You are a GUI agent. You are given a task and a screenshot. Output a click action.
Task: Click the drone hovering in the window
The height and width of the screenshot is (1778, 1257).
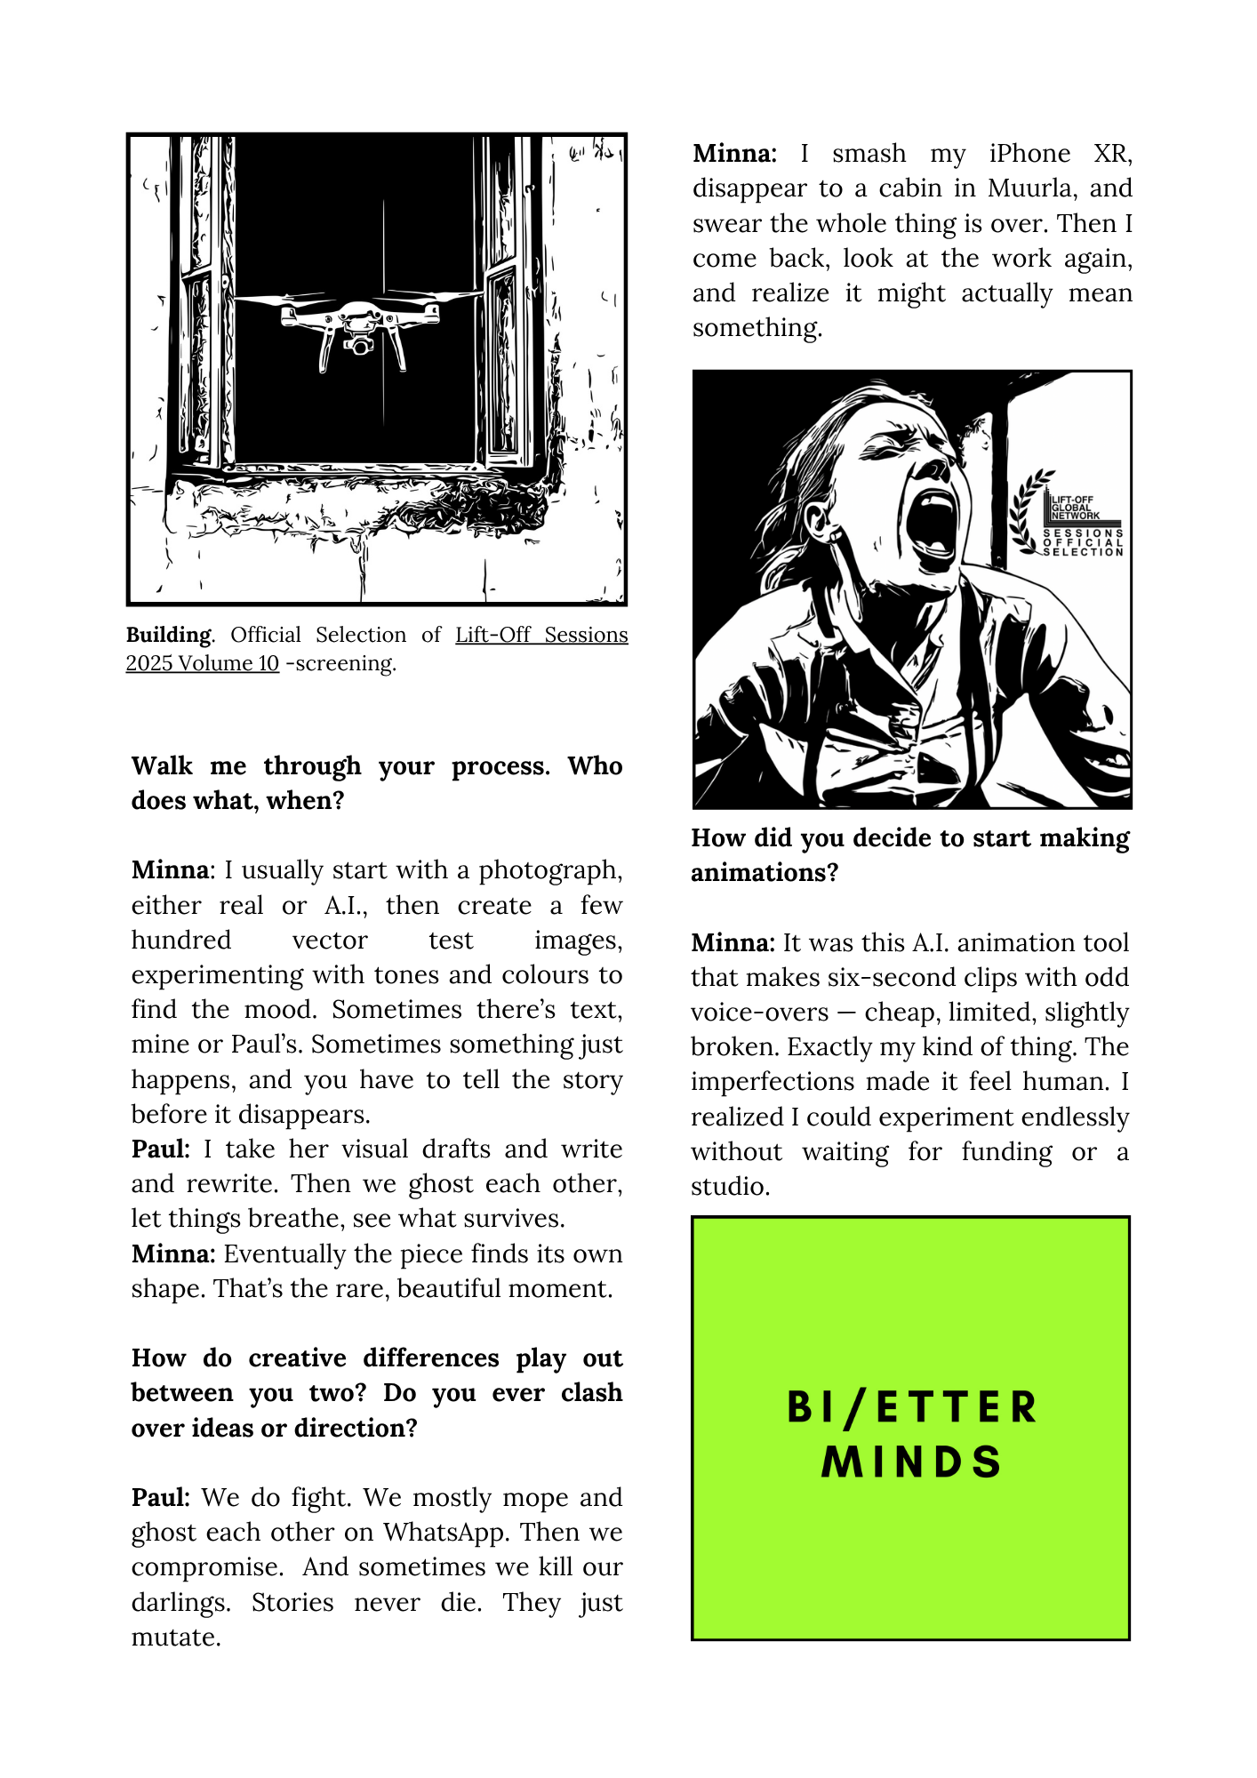(x=360, y=324)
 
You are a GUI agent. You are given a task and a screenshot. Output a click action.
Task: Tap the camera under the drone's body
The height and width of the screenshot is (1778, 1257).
(x=359, y=345)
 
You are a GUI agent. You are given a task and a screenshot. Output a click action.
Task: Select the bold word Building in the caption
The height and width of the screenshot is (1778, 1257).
(x=169, y=635)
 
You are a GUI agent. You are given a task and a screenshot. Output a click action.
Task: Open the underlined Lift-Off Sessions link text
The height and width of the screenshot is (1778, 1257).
(x=541, y=635)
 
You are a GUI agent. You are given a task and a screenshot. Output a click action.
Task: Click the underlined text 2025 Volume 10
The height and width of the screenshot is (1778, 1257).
(x=202, y=663)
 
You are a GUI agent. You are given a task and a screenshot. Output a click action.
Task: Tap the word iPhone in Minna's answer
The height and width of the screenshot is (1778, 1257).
(x=1029, y=154)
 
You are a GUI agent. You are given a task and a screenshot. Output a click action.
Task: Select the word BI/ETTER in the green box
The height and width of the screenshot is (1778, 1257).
(x=912, y=1408)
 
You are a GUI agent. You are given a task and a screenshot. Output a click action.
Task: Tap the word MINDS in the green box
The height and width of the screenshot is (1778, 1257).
(x=912, y=1462)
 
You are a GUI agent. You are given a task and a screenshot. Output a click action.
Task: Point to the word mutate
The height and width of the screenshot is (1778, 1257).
(x=175, y=1637)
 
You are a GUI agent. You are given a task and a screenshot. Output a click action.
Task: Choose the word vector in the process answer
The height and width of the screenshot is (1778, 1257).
(x=330, y=940)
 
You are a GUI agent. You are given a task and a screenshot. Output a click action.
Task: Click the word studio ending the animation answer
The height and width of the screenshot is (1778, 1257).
(x=729, y=1186)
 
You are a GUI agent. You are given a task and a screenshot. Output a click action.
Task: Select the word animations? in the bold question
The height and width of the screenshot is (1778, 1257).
(x=765, y=873)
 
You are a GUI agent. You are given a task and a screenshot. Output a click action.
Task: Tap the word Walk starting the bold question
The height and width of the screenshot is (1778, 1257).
(x=162, y=765)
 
